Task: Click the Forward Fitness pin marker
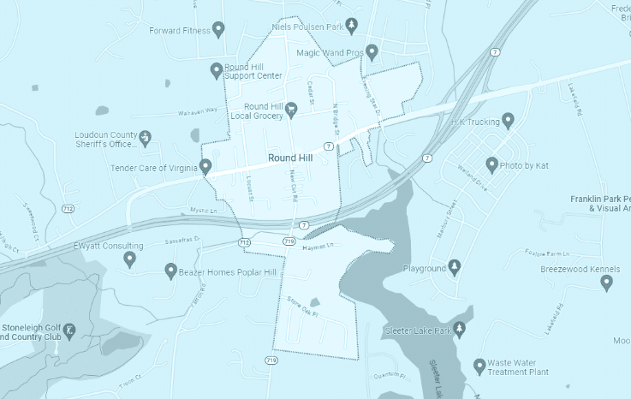[218, 29]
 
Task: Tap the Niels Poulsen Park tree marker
[351, 24]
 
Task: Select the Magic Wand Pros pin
[372, 51]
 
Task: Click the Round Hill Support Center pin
[217, 69]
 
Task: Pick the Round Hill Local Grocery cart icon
[291, 108]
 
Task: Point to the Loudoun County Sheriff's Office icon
[146, 136]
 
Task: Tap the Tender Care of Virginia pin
[205, 166]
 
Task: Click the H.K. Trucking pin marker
[508, 120]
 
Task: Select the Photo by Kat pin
[491, 163]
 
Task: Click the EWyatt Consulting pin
[129, 258]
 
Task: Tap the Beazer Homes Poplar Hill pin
[170, 271]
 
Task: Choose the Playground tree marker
[455, 266]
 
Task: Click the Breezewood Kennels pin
[606, 281]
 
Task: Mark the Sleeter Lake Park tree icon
[459, 329]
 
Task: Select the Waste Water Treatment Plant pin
[479, 366]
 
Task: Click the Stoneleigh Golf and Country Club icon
[70, 329]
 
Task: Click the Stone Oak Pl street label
[303, 313]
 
